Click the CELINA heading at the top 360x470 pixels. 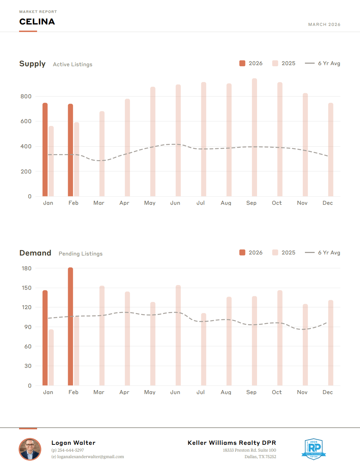[x=37, y=22]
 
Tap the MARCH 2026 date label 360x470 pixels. [x=324, y=24]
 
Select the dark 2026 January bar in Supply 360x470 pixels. [x=45, y=149]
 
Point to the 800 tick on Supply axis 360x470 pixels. [x=26, y=96]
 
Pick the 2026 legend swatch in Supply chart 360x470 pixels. [x=242, y=63]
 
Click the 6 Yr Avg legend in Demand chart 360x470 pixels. [x=323, y=253]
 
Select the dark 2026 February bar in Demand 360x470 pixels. [x=71, y=326]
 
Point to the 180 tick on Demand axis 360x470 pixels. [x=27, y=268]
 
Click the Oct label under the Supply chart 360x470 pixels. [x=277, y=203]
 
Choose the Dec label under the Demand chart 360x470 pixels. [x=328, y=392]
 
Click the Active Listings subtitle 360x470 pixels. [x=73, y=64]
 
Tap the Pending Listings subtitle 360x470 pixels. [x=81, y=254]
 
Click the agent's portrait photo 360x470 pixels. [x=30, y=449]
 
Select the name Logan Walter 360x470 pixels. [x=73, y=443]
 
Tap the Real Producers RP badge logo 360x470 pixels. [x=314, y=449]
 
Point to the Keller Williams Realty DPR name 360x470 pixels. [x=232, y=443]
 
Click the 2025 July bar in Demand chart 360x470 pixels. [x=204, y=349]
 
